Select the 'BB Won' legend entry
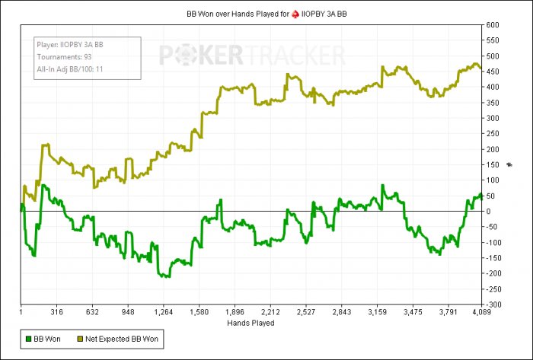48,336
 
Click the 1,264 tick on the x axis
164,311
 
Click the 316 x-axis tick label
57,311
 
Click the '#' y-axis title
509,164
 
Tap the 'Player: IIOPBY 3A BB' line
70,44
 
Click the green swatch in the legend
28,336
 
